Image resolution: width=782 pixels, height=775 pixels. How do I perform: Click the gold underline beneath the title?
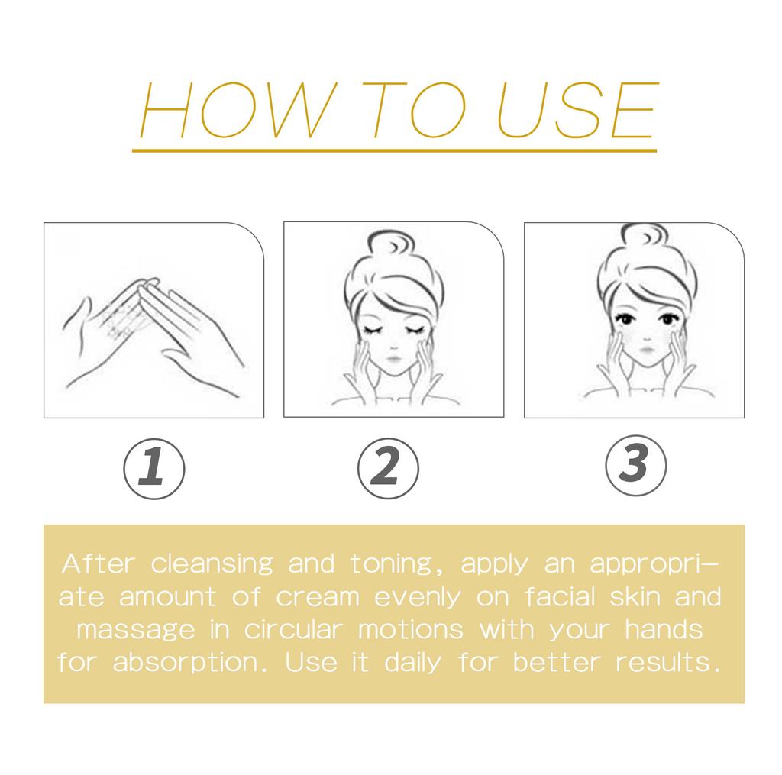(394, 151)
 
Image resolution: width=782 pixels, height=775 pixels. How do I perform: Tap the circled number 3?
(635, 463)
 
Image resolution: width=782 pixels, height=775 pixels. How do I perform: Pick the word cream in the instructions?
(317, 597)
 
